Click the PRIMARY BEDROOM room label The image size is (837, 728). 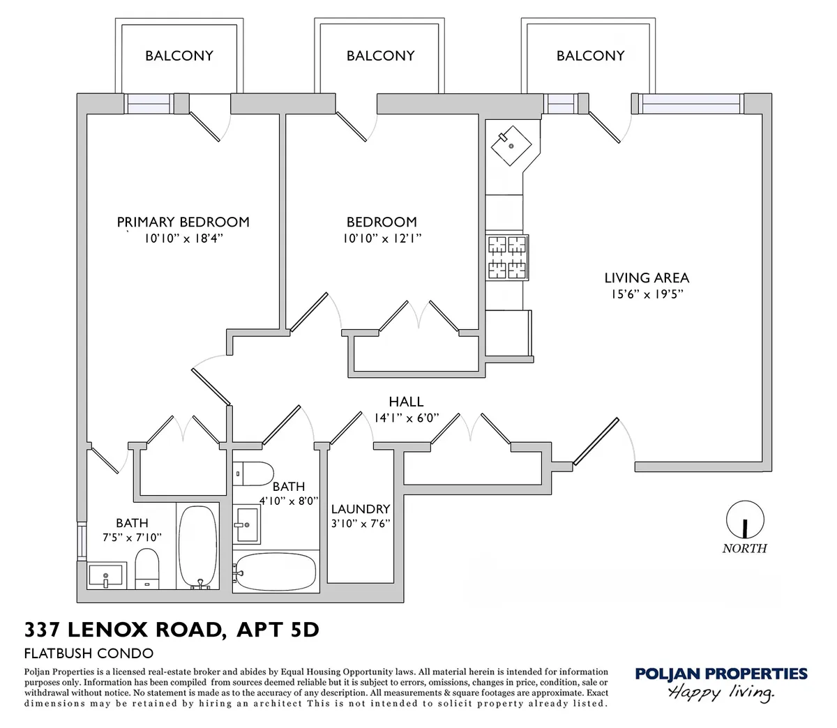coord(183,222)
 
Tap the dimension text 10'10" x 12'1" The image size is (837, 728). coord(382,238)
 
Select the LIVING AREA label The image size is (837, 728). coord(646,278)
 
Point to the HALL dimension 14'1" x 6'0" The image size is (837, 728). coord(406,418)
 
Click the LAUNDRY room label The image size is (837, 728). coord(360,509)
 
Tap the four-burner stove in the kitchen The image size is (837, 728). coord(507,257)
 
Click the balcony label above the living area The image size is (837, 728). coord(590,56)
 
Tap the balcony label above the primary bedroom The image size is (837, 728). coord(179,56)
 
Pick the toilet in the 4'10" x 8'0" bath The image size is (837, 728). coord(252,473)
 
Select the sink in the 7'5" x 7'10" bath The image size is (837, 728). coord(105,576)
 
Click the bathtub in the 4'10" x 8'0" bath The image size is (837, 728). coord(275,572)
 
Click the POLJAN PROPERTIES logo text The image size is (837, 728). coord(721,674)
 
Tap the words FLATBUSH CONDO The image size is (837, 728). coord(89,653)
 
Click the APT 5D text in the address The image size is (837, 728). coord(278,630)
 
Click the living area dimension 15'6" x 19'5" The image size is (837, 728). coord(646,294)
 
